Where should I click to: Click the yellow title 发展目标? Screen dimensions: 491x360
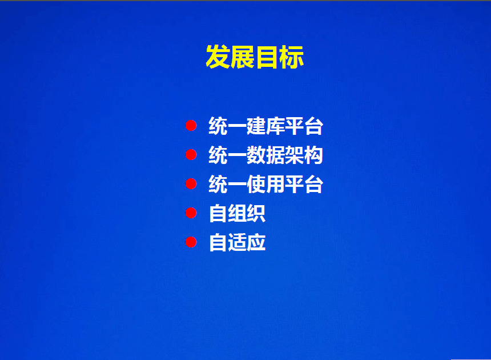click(x=255, y=57)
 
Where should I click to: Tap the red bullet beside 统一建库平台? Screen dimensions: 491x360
click(x=191, y=125)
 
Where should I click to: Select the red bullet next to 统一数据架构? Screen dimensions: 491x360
click(x=191, y=154)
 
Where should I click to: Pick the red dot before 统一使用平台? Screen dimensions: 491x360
click(x=191, y=183)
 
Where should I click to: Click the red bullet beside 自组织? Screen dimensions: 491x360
click(x=191, y=213)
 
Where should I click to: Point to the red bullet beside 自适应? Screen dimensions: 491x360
click(x=191, y=242)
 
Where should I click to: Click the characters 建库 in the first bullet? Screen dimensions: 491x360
click(x=265, y=126)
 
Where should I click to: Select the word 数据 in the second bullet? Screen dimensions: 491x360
click(x=265, y=155)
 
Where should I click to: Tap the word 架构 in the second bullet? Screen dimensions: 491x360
click(x=304, y=155)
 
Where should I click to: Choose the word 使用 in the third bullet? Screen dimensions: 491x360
click(x=265, y=184)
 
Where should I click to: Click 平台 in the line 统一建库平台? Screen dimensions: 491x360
click(x=304, y=126)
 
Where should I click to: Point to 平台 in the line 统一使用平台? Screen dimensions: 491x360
click(x=304, y=184)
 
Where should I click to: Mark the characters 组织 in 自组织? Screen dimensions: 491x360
click(x=247, y=213)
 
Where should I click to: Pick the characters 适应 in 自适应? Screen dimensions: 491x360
click(x=247, y=242)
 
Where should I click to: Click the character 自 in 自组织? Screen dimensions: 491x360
click(x=218, y=213)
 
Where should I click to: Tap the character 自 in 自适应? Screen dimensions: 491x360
click(x=218, y=242)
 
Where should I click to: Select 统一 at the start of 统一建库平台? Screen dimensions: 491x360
click(x=227, y=126)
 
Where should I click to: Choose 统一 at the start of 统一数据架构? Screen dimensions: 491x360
click(x=227, y=155)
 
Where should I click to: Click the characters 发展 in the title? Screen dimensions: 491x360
click(x=230, y=57)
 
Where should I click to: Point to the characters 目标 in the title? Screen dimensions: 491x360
click(x=280, y=57)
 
